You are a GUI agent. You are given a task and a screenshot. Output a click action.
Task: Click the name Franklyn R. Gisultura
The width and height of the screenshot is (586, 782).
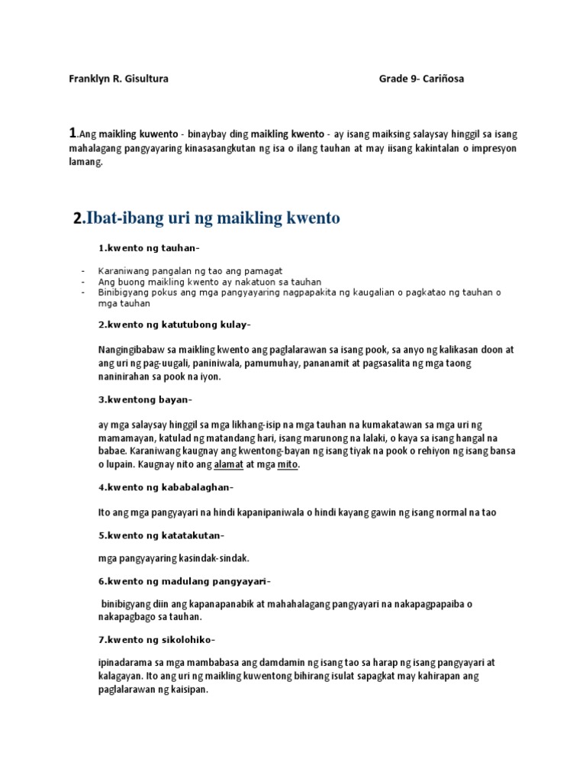click(118, 79)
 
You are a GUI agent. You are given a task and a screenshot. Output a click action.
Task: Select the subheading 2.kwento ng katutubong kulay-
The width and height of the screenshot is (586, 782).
click(173, 325)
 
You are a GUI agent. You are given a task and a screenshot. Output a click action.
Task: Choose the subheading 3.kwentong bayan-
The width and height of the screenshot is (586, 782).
click(145, 399)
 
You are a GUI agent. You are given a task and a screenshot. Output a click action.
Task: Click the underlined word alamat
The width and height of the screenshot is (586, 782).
click(228, 464)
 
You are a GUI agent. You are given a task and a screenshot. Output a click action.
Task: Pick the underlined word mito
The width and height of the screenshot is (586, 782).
click(287, 464)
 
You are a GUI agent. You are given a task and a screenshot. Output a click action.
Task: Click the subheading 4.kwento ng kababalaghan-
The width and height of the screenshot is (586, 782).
click(166, 487)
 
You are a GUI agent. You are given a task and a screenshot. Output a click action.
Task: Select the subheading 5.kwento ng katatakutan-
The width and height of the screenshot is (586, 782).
click(161, 535)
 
